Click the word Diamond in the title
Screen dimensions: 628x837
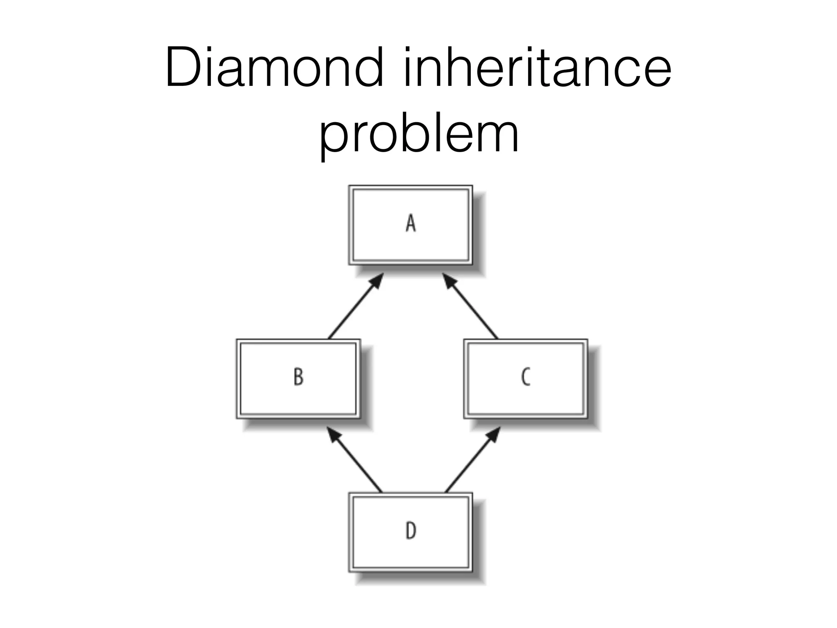coord(274,67)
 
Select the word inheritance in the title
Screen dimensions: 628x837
coord(537,67)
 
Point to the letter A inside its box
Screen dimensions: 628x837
coord(410,224)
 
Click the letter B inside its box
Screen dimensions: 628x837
coord(298,377)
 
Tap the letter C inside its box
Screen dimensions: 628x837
coord(526,377)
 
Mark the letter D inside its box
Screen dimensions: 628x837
coord(410,531)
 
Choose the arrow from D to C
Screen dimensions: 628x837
coord(470,462)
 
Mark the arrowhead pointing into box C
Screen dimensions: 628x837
coord(494,434)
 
